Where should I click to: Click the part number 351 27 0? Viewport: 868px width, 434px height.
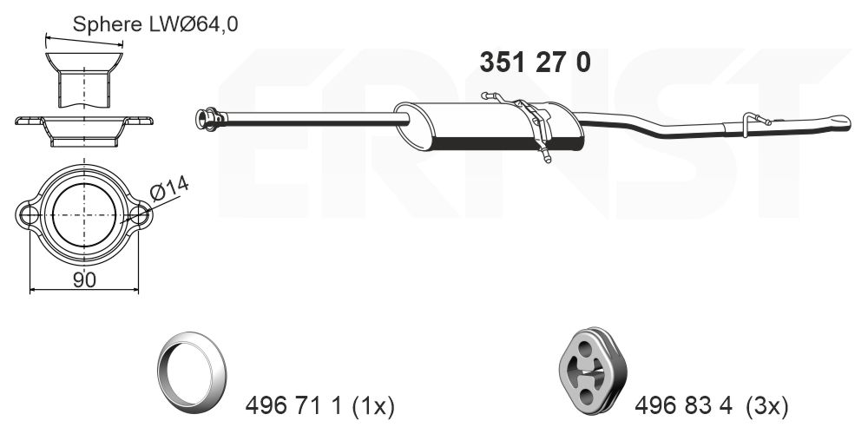(x=535, y=62)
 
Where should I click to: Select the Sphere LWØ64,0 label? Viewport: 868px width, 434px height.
(x=155, y=24)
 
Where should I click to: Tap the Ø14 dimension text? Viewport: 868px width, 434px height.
(x=170, y=188)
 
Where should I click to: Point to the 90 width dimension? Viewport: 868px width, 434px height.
(x=84, y=279)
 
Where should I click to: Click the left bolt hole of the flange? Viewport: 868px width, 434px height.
(x=28, y=214)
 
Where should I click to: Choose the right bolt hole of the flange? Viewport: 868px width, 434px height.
(x=139, y=214)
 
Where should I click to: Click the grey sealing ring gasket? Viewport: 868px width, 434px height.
(x=192, y=372)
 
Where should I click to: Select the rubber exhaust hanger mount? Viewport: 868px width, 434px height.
(x=592, y=372)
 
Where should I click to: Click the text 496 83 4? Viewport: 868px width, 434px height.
(x=684, y=407)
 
